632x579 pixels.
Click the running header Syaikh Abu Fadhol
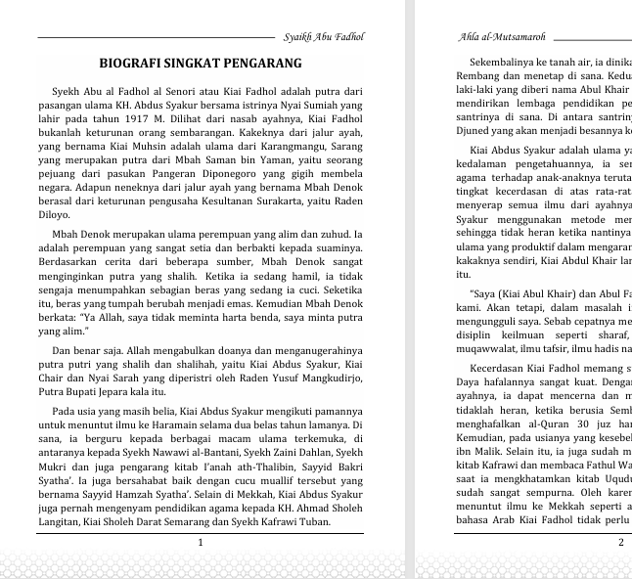pos(323,37)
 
